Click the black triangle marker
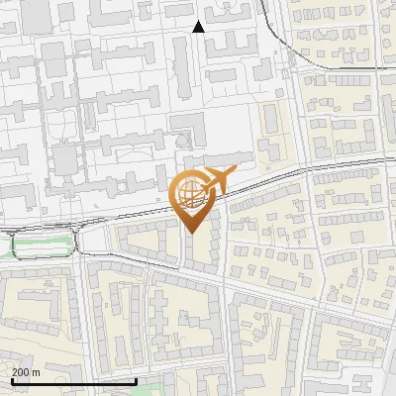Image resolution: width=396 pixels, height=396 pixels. (x=198, y=27)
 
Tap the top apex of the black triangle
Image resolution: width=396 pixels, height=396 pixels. (x=198, y=21)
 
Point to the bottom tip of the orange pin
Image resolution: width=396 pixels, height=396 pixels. (x=193, y=234)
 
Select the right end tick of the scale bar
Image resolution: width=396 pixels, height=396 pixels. (x=135, y=380)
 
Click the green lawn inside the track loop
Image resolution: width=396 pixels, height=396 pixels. (x=40, y=245)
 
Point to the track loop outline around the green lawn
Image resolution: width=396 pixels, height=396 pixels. (x=40, y=235)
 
